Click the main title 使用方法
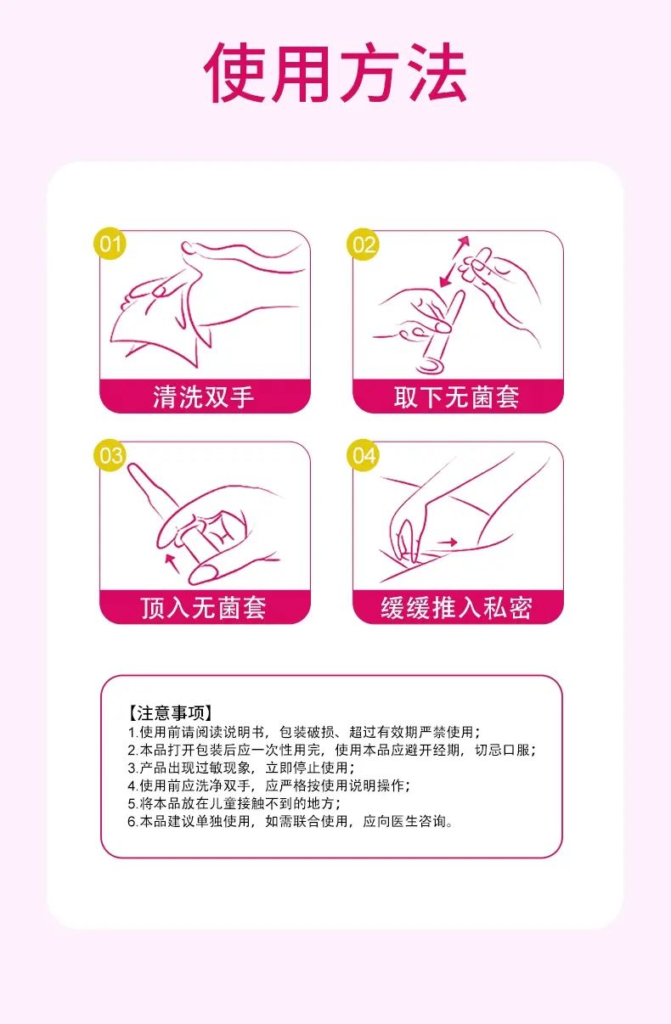335,72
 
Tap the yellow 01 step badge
110,243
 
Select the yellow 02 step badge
364,245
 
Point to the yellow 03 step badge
110,455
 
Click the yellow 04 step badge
364,455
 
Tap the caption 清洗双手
204,397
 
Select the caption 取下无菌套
456,397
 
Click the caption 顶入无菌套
204,608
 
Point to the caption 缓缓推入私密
456,608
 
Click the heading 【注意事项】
170,712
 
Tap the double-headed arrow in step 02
454,262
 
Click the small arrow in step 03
172,562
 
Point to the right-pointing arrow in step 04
447,543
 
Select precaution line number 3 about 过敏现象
241,768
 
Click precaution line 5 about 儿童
234,803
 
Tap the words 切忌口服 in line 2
502,750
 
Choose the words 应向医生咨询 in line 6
404,821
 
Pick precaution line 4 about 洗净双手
269,785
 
